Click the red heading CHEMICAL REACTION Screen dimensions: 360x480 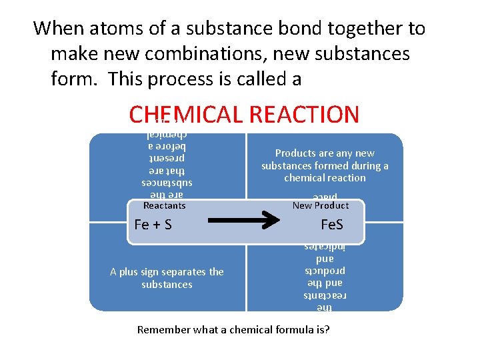click(244, 115)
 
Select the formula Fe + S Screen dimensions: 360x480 click(153, 225)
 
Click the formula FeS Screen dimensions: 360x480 click(331, 225)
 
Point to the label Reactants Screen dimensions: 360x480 click(165, 206)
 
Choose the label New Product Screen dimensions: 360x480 click(321, 206)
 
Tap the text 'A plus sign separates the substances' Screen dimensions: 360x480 click(167, 278)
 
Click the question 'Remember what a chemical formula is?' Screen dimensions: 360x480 click(233, 330)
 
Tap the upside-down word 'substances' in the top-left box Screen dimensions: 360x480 click(167, 182)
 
